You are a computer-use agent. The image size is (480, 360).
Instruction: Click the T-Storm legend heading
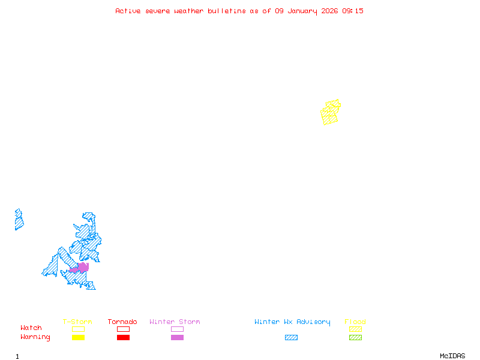[x=77, y=322]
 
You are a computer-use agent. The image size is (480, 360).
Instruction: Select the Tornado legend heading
[x=122, y=322]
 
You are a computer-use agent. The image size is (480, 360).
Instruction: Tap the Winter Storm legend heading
[x=175, y=322]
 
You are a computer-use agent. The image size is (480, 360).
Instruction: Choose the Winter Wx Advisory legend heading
[x=292, y=322]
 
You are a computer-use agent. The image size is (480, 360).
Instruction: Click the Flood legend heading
[x=355, y=322]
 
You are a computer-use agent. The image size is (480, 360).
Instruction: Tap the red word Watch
[x=31, y=328]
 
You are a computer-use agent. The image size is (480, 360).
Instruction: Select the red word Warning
[x=35, y=337]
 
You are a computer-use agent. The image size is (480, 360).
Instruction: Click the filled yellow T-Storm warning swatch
[x=78, y=338]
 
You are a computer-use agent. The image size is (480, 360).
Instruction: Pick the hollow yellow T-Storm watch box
[x=78, y=329]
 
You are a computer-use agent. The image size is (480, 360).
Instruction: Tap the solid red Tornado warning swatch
[x=123, y=338]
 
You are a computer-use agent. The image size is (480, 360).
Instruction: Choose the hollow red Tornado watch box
[x=123, y=329]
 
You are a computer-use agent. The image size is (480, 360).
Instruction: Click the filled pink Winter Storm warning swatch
[x=177, y=338]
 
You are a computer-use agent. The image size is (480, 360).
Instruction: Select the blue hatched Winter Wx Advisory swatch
[x=291, y=338]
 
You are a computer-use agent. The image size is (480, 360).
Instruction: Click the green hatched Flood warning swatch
[x=355, y=338]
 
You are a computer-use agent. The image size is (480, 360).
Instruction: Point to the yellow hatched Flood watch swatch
[x=355, y=329]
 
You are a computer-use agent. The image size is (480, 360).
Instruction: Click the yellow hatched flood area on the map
[x=330, y=113]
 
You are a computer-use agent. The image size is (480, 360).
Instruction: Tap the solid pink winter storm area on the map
[x=81, y=268]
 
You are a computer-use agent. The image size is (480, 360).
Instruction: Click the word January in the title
[x=302, y=11]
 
